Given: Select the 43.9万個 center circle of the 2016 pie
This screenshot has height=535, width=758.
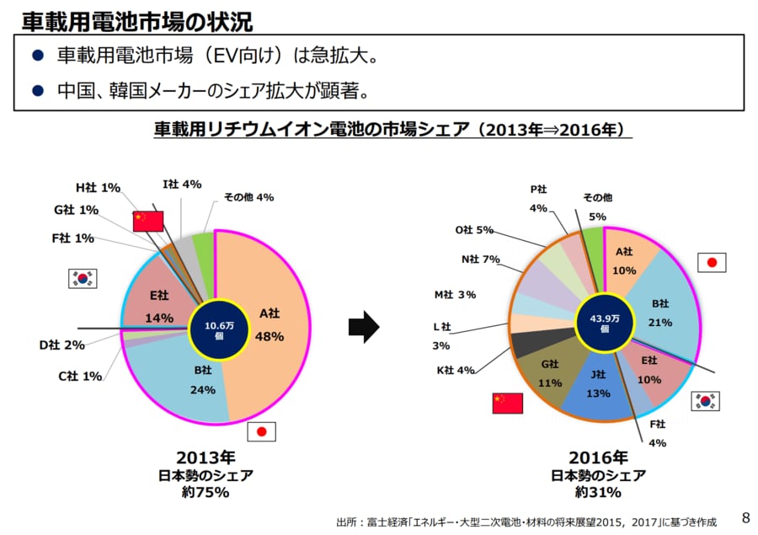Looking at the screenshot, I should [604, 324].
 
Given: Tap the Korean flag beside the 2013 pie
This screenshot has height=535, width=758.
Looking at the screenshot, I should [83, 278].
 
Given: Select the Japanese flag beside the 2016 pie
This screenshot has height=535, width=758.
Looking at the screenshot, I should [712, 263].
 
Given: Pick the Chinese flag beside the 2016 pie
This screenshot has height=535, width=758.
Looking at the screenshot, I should [507, 403].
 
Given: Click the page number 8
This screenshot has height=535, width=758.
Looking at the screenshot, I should [745, 516].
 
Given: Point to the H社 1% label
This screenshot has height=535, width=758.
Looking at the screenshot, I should [98, 187].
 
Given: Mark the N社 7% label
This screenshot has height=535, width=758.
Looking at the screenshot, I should [481, 259].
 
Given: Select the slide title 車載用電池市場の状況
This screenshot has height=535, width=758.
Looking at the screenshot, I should [136, 19].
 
